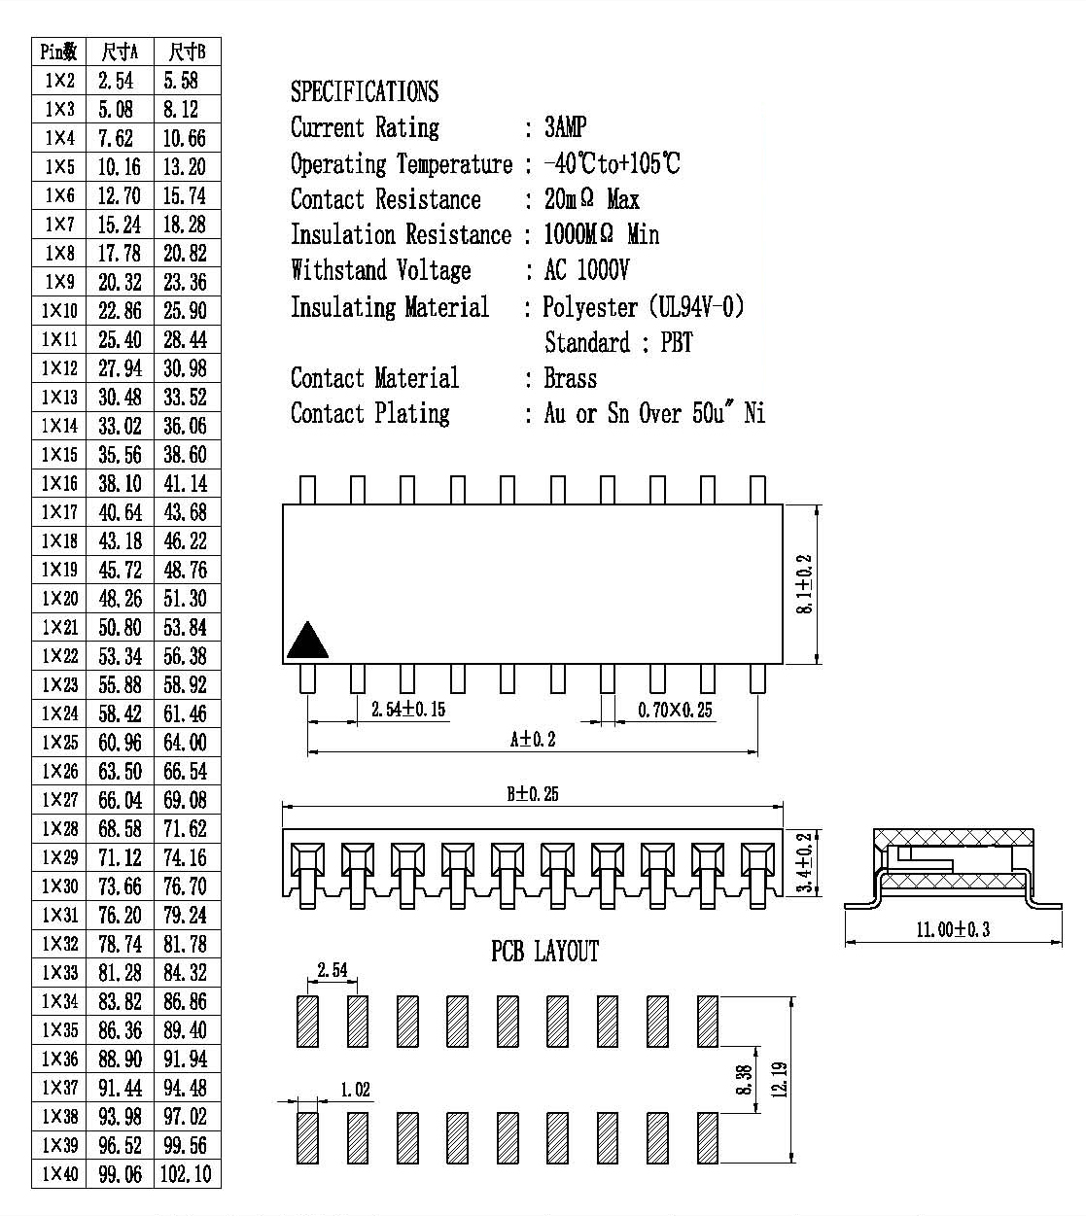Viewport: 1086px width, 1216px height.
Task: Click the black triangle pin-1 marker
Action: [x=307, y=641]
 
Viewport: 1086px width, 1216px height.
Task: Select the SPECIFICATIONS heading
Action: [x=365, y=91]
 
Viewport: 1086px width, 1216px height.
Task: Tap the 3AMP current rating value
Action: [x=565, y=127]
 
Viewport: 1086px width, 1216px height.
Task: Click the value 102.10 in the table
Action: [x=186, y=1174]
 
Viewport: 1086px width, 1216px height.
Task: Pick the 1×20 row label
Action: [x=59, y=599]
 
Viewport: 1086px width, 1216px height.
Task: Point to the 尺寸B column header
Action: [x=188, y=52]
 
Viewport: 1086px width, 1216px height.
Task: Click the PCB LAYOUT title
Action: [x=544, y=952]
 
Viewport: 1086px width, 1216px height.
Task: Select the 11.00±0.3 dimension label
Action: [x=953, y=929]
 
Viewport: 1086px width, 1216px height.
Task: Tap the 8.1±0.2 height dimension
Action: [x=804, y=583]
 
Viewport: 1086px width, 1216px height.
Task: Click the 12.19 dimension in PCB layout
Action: [x=779, y=1080]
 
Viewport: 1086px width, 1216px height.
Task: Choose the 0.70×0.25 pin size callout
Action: [x=675, y=710]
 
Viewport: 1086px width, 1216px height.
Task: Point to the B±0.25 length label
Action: [x=533, y=794]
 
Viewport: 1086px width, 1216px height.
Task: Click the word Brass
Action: [x=571, y=378]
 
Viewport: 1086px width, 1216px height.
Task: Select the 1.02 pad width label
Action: [x=356, y=1090]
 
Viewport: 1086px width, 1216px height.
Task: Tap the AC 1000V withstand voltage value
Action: [x=586, y=270]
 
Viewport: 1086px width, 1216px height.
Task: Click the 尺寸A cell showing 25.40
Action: [x=120, y=339]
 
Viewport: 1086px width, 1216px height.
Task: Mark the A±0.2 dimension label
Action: [x=533, y=739]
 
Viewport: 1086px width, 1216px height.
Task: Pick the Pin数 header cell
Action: [x=59, y=52]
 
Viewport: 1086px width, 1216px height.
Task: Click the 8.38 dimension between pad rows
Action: [x=743, y=1080]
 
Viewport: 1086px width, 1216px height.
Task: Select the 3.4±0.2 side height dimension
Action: [x=804, y=862]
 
